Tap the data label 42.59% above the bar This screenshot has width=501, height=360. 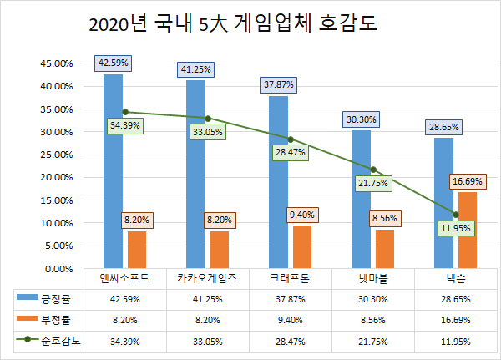[113, 63]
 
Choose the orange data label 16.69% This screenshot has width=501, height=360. [468, 180]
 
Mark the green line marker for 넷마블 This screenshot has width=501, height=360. [373, 170]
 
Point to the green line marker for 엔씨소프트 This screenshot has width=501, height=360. [125, 112]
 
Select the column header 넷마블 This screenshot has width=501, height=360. [373, 278]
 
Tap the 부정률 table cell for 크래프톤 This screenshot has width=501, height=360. [291, 319]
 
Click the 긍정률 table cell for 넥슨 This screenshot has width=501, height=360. [456, 298]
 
